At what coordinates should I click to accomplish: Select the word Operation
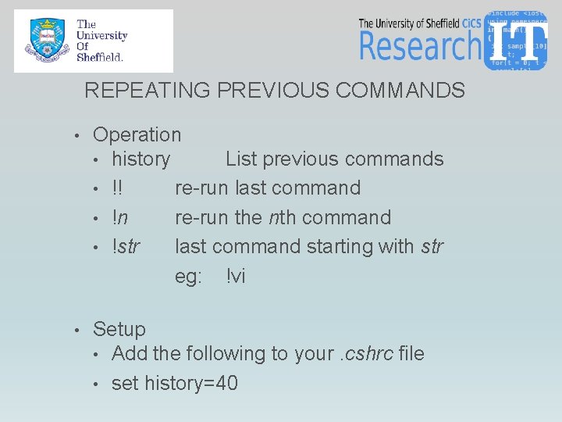[137, 135]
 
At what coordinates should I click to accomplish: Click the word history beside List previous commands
[140, 159]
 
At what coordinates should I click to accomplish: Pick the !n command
[120, 217]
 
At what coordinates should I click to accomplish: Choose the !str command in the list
[126, 247]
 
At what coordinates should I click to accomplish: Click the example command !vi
[236, 276]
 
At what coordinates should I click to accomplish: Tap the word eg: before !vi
[188, 276]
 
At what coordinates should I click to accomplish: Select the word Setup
[119, 330]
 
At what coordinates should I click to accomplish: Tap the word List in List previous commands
[240, 159]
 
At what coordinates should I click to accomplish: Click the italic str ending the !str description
[432, 247]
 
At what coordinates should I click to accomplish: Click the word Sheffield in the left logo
[99, 56]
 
